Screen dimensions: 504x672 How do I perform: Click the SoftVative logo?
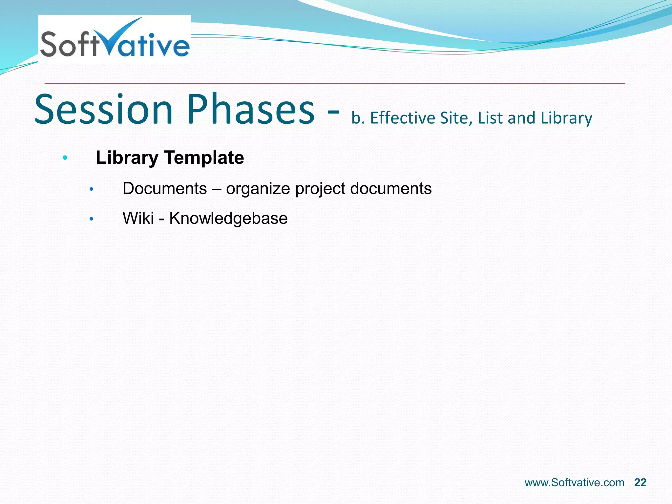(x=115, y=39)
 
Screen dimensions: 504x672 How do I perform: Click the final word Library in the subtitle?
(x=566, y=118)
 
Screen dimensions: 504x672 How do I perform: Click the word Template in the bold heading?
(x=204, y=158)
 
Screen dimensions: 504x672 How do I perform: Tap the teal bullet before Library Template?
(x=65, y=158)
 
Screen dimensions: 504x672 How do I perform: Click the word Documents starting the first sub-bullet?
(x=165, y=189)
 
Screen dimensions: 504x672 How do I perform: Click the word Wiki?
(x=138, y=218)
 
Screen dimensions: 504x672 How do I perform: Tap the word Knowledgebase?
(x=228, y=218)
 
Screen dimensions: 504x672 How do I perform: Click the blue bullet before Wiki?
(x=92, y=219)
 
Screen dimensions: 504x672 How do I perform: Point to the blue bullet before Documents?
(x=92, y=189)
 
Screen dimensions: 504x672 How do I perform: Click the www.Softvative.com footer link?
(x=574, y=483)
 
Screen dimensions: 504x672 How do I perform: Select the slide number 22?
(x=640, y=483)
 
